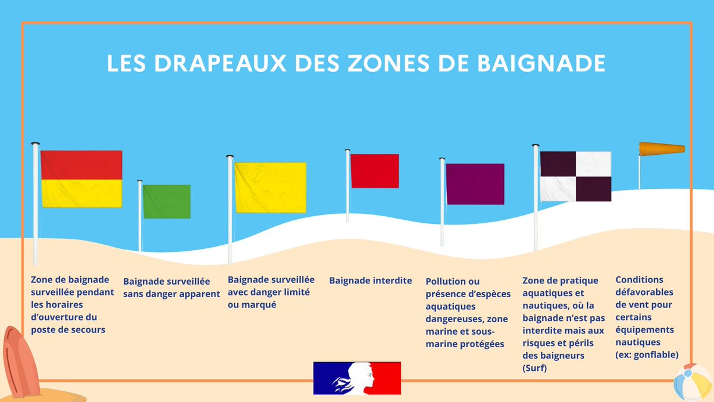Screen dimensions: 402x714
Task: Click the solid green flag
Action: point(167,201)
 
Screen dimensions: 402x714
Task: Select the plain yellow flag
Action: point(270,188)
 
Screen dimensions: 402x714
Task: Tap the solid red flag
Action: point(374,171)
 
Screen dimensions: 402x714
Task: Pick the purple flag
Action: point(475,184)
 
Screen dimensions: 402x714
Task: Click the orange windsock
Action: point(662,149)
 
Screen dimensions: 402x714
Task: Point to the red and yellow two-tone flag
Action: point(81,179)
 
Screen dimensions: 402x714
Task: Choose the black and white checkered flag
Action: point(575,176)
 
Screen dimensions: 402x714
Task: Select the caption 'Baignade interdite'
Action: point(370,281)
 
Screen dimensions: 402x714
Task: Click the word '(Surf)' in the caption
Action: point(534,368)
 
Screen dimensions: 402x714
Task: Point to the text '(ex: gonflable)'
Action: point(647,355)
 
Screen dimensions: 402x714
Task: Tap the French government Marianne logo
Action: point(357,378)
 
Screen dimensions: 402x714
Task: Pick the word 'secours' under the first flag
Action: point(87,329)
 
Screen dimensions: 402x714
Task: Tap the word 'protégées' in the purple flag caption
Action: point(483,344)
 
